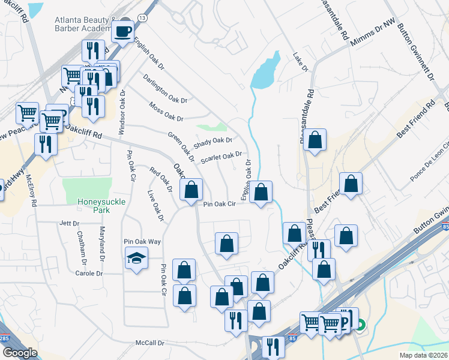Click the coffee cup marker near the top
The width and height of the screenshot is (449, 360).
coord(123,31)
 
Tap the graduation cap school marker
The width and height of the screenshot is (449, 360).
coord(136,258)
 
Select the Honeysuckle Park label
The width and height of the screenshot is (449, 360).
coord(101,202)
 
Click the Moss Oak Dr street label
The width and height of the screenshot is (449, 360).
coord(165,111)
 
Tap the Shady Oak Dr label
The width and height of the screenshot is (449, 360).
coord(212,143)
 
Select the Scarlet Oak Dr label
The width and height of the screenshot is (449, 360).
coord(221,157)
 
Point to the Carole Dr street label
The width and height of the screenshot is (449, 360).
coord(89,273)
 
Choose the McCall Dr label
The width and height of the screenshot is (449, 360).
coord(149,343)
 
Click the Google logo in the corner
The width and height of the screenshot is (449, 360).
coord(19,353)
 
